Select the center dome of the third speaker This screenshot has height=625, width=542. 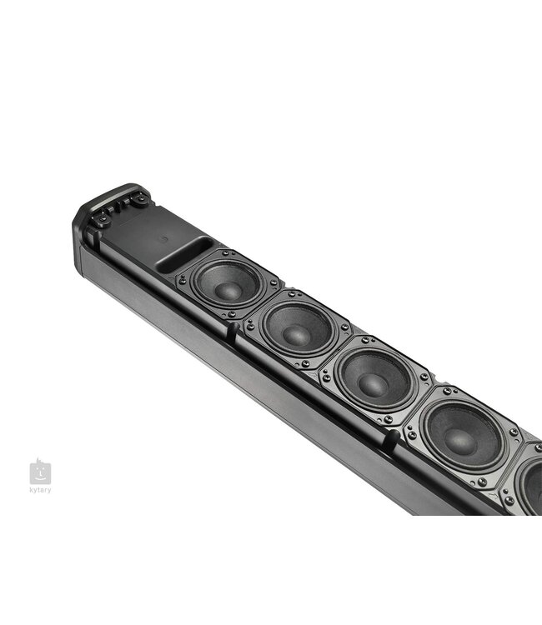point(373,381)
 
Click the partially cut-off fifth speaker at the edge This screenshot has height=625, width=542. point(529,482)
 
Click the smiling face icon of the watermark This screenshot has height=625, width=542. point(40,473)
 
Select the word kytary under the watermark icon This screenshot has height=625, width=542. point(40,490)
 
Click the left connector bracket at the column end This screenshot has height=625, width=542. point(103,217)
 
